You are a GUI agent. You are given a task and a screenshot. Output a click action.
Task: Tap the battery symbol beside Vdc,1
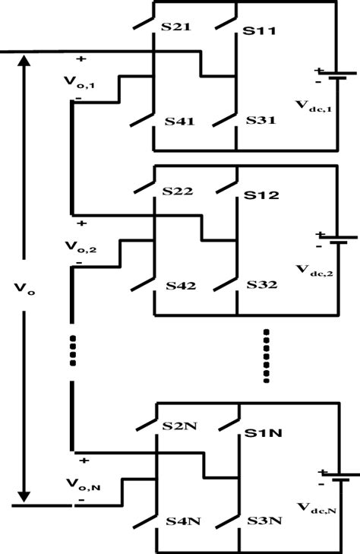coord(339,76)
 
